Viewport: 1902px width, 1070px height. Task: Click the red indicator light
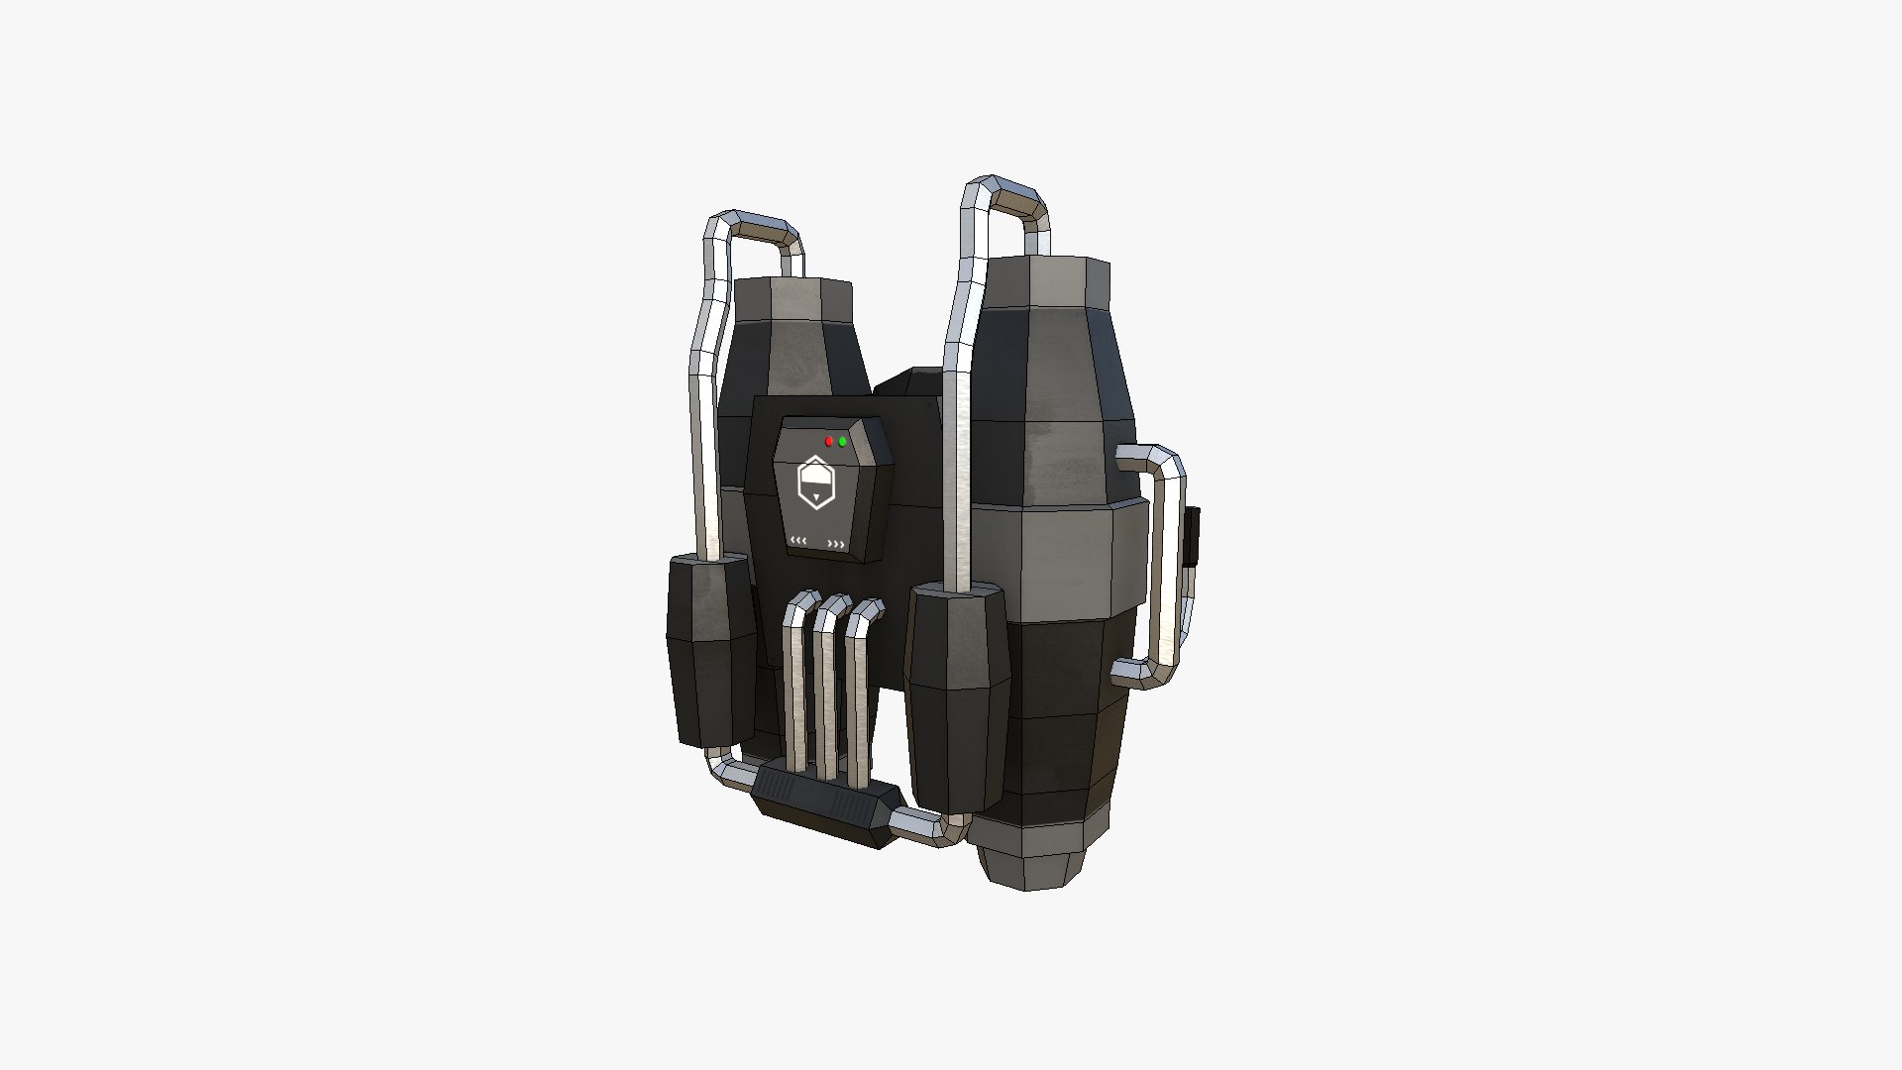pyautogui.click(x=829, y=441)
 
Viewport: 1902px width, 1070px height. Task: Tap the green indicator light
pyautogui.click(x=842, y=441)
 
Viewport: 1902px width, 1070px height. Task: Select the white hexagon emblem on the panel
pyautogui.click(x=815, y=482)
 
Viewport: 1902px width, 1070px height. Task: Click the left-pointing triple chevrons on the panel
pyautogui.click(x=798, y=541)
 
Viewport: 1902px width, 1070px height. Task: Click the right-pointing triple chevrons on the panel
pyautogui.click(x=837, y=544)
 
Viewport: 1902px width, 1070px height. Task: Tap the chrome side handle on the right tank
pyautogui.click(x=1159, y=565)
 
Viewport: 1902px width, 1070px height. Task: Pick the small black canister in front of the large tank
pyautogui.click(x=957, y=694)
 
